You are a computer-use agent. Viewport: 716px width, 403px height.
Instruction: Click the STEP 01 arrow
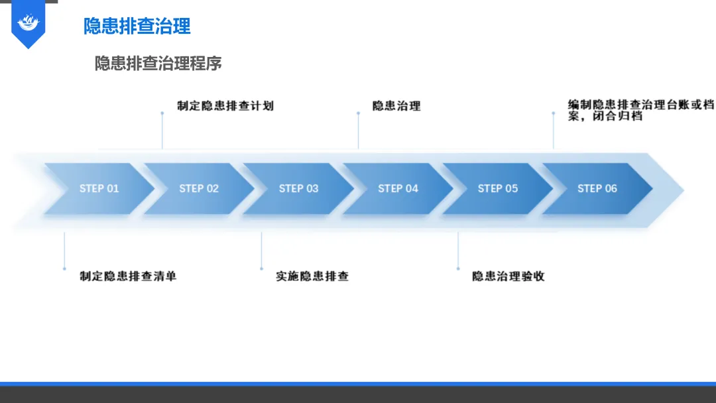pos(99,189)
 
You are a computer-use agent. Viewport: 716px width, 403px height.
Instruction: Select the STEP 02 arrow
pos(199,189)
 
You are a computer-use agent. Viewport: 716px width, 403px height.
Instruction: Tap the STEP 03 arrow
pos(298,189)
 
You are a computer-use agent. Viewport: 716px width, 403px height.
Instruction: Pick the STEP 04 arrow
pos(398,189)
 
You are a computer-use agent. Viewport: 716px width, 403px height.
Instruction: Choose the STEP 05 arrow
pos(497,189)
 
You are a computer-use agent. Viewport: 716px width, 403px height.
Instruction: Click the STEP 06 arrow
pos(597,189)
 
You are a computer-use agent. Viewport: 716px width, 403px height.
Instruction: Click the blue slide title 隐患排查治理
pos(137,26)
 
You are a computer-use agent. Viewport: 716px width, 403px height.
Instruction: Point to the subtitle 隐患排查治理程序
pos(158,64)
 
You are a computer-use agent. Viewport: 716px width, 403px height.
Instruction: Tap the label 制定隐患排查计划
pos(225,105)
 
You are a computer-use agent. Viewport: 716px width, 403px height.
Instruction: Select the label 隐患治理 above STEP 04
pos(396,106)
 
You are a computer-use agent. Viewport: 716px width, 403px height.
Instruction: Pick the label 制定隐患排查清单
pos(128,276)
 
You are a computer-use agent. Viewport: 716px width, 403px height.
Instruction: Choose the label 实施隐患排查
pos(312,276)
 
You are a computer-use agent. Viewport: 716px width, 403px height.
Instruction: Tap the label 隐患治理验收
pos(508,276)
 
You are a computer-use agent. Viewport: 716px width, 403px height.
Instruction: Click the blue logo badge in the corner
pos(29,24)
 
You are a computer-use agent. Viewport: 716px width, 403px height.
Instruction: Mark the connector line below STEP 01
pos(64,251)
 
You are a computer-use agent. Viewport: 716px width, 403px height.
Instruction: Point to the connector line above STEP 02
pos(162,131)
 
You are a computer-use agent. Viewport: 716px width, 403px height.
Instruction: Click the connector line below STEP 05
pos(458,251)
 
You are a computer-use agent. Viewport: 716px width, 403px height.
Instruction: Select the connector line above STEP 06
pos(554,131)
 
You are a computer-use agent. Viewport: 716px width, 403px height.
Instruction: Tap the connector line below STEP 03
pos(261,251)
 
